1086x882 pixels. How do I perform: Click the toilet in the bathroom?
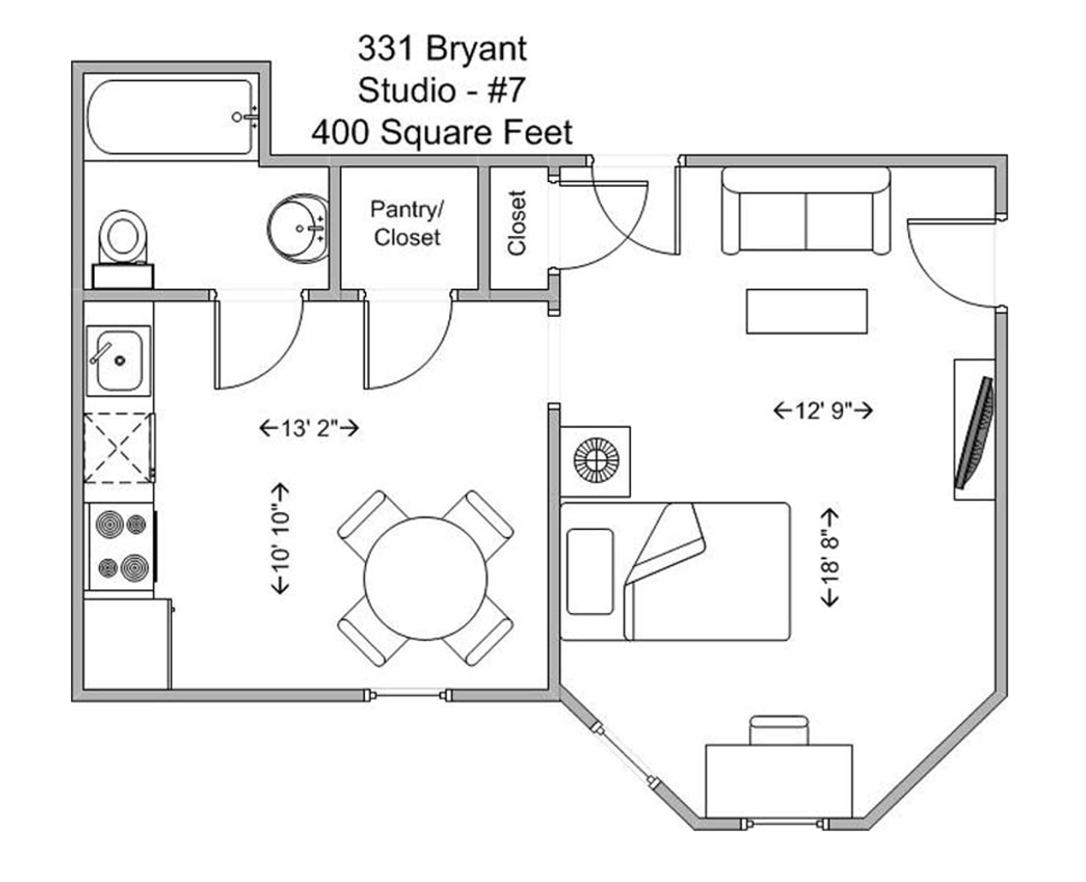(122, 249)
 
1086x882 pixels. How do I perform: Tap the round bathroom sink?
(298, 229)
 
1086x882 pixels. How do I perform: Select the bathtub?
(171, 117)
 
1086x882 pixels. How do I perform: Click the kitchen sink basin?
(118, 360)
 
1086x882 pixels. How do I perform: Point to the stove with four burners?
(122, 546)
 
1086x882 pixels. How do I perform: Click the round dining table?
(425, 578)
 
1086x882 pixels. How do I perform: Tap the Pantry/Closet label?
(407, 223)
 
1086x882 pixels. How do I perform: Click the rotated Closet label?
(517, 222)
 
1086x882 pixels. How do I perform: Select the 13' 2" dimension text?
(309, 428)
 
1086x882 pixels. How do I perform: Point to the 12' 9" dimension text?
(823, 411)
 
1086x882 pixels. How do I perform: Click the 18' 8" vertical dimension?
(830, 557)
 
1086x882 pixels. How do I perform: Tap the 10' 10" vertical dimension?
(280, 538)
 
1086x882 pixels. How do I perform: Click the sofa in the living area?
(806, 211)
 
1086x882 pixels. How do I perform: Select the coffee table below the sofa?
(807, 311)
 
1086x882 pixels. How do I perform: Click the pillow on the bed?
(590, 572)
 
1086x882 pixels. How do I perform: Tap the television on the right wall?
(975, 433)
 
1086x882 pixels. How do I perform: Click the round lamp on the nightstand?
(596, 461)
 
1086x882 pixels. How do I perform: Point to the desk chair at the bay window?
(778, 730)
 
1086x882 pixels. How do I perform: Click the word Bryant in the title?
(476, 50)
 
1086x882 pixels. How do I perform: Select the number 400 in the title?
(340, 132)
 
